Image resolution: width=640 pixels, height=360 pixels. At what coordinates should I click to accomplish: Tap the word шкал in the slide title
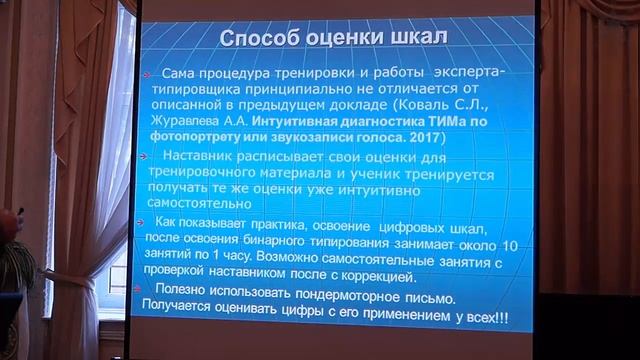coord(413,39)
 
